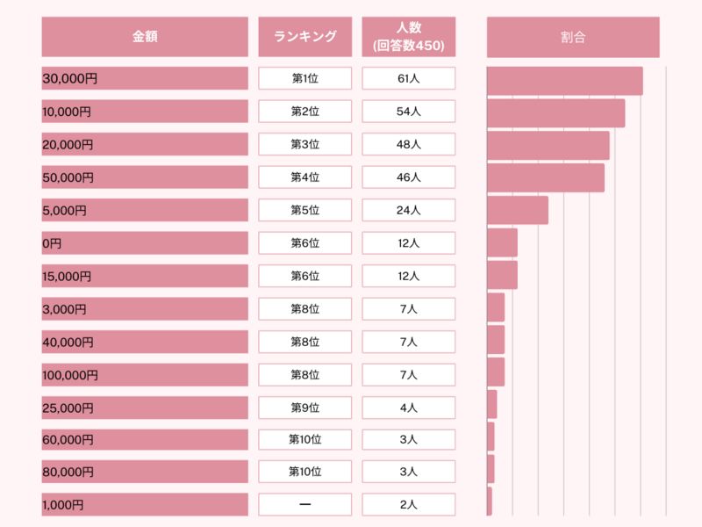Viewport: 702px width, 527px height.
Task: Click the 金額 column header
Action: point(145,37)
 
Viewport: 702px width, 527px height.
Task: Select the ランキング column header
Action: point(304,37)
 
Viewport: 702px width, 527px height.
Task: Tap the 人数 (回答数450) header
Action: point(408,37)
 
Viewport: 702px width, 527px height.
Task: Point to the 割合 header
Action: point(573,37)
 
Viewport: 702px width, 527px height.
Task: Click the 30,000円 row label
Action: point(145,78)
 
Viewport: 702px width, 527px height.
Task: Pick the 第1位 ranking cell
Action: point(304,78)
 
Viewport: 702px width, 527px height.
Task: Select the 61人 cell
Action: point(408,78)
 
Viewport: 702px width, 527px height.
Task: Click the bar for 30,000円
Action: point(564,81)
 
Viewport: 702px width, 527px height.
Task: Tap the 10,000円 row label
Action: point(145,112)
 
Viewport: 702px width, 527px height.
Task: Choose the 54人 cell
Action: point(408,112)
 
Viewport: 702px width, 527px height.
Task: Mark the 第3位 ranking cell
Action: point(304,144)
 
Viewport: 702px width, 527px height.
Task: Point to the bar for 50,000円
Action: point(545,177)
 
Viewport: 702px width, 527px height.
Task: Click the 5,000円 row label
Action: point(145,210)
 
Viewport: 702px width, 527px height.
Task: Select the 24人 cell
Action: point(408,210)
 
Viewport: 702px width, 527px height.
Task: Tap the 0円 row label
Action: point(145,243)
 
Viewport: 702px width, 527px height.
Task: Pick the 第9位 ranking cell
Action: point(304,408)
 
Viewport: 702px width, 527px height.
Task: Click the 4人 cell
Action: point(408,408)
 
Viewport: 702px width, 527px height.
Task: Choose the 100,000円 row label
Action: point(145,375)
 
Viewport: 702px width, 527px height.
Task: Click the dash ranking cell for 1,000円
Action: point(304,504)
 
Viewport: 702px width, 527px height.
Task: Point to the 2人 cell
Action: point(408,504)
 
